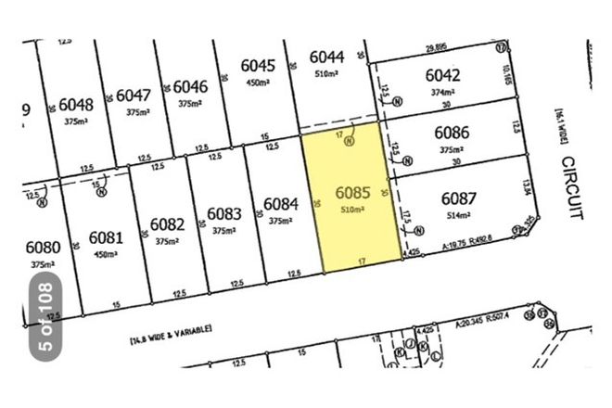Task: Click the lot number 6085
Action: point(353,195)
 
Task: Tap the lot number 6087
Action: point(458,199)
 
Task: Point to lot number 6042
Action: point(442,76)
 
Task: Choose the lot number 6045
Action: point(258,66)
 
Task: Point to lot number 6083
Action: point(224,214)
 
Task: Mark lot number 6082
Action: point(167,224)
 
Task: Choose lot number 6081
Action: point(107,237)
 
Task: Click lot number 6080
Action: point(43,248)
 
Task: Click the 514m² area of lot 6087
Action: point(457,215)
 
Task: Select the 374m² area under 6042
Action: point(442,93)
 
